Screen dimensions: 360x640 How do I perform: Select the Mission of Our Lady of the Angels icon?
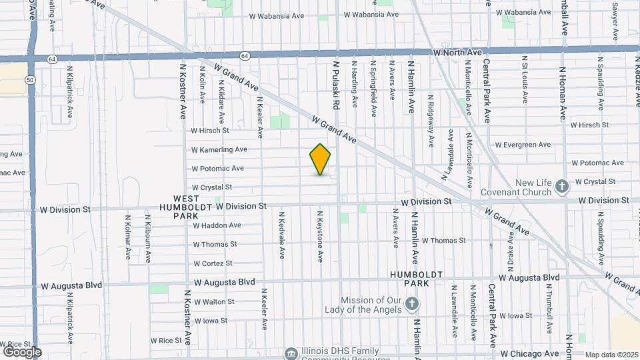point(412,305)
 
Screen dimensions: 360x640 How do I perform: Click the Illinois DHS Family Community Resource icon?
point(290,353)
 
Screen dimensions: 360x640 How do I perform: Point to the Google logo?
point(22,351)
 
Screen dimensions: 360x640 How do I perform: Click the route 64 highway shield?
point(245,57)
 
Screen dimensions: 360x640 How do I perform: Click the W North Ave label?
point(457,52)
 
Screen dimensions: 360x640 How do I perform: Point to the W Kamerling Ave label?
point(219,150)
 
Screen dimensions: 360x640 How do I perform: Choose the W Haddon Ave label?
point(217,225)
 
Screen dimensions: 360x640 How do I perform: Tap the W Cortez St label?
point(213,263)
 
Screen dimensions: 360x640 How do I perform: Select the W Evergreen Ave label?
point(523,145)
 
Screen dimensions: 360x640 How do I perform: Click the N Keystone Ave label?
point(320,237)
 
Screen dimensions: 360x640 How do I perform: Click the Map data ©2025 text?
point(611,355)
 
